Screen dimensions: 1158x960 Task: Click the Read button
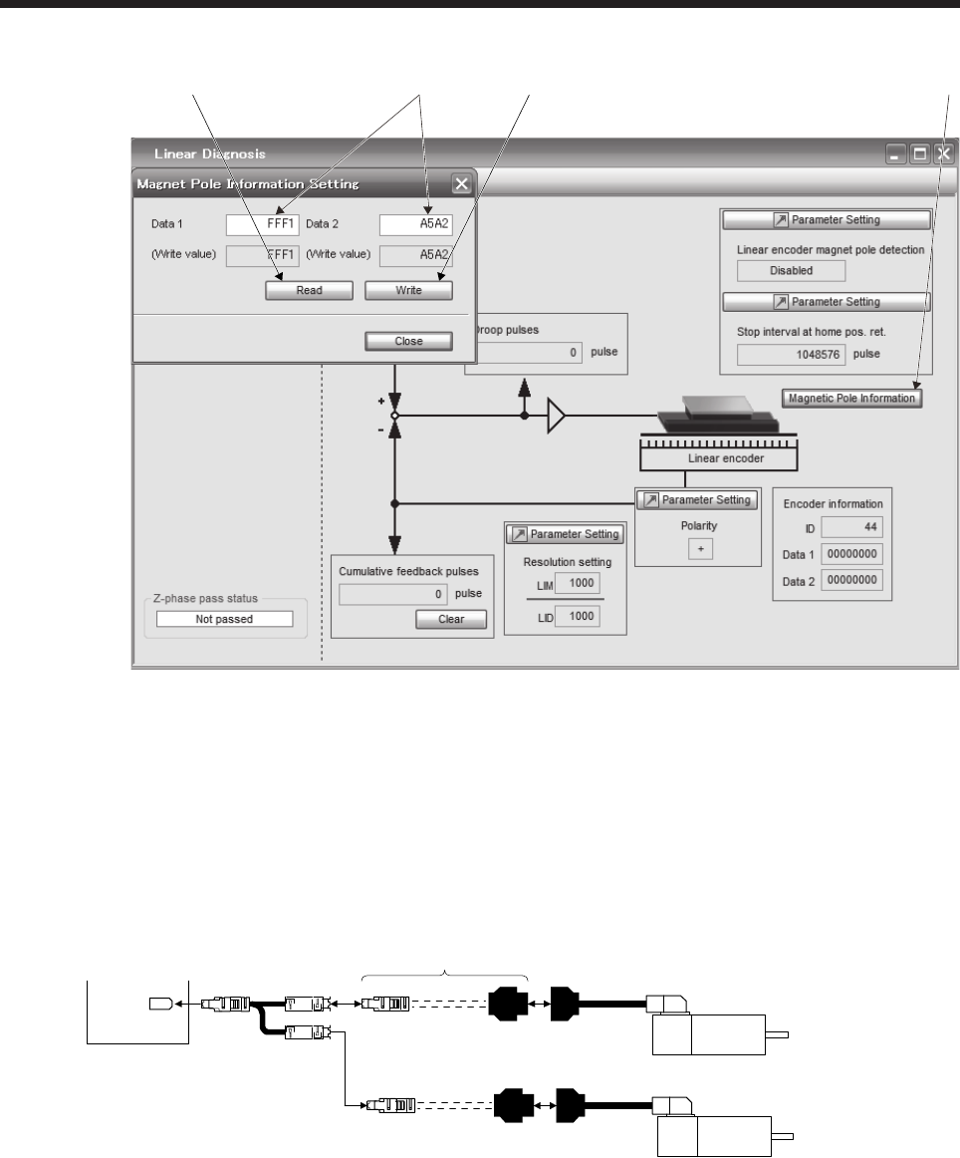pyautogui.click(x=309, y=291)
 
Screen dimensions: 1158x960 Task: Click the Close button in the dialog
pyautogui.click(x=408, y=341)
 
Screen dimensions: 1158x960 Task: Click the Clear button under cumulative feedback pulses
pyautogui.click(x=451, y=619)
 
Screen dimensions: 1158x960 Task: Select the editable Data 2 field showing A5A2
pyautogui.click(x=415, y=224)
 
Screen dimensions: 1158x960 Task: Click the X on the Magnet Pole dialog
pyautogui.click(x=461, y=184)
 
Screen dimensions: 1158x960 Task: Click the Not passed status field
pyautogui.click(x=224, y=619)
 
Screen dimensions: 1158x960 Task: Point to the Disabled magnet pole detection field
pyautogui.click(x=791, y=270)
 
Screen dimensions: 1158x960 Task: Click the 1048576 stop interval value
pyautogui.click(x=791, y=354)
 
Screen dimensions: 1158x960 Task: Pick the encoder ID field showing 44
pyautogui.click(x=851, y=526)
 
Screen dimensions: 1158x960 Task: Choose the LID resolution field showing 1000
pyautogui.click(x=572, y=618)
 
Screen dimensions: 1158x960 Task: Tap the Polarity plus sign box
pyautogui.click(x=700, y=550)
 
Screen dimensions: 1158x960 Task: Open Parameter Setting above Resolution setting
pyautogui.click(x=565, y=534)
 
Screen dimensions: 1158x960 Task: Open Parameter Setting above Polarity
pyautogui.click(x=696, y=499)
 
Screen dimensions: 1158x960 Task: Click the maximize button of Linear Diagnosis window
pyautogui.click(x=919, y=154)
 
